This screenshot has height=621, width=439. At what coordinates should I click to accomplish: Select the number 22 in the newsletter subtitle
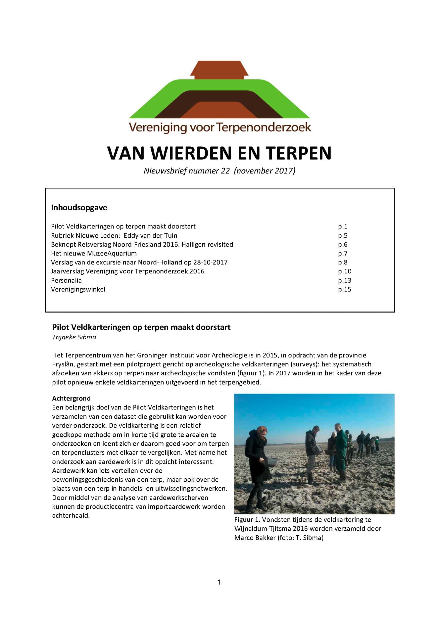[225, 171]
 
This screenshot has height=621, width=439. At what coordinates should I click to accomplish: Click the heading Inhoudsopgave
[79, 208]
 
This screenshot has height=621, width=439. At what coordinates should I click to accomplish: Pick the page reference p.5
[342, 236]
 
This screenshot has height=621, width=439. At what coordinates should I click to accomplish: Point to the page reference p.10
[344, 271]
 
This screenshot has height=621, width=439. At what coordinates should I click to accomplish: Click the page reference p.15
[344, 289]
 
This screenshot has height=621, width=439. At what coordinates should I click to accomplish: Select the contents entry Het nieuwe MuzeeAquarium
[94, 253]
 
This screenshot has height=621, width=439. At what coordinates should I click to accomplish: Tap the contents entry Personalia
[66, 280]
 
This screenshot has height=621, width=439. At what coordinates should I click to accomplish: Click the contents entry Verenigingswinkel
[78, 289]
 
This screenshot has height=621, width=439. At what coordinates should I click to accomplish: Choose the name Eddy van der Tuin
[150, 236]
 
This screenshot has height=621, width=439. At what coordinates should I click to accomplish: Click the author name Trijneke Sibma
[74, 337]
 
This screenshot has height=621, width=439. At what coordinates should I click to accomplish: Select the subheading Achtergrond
[71, 398]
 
